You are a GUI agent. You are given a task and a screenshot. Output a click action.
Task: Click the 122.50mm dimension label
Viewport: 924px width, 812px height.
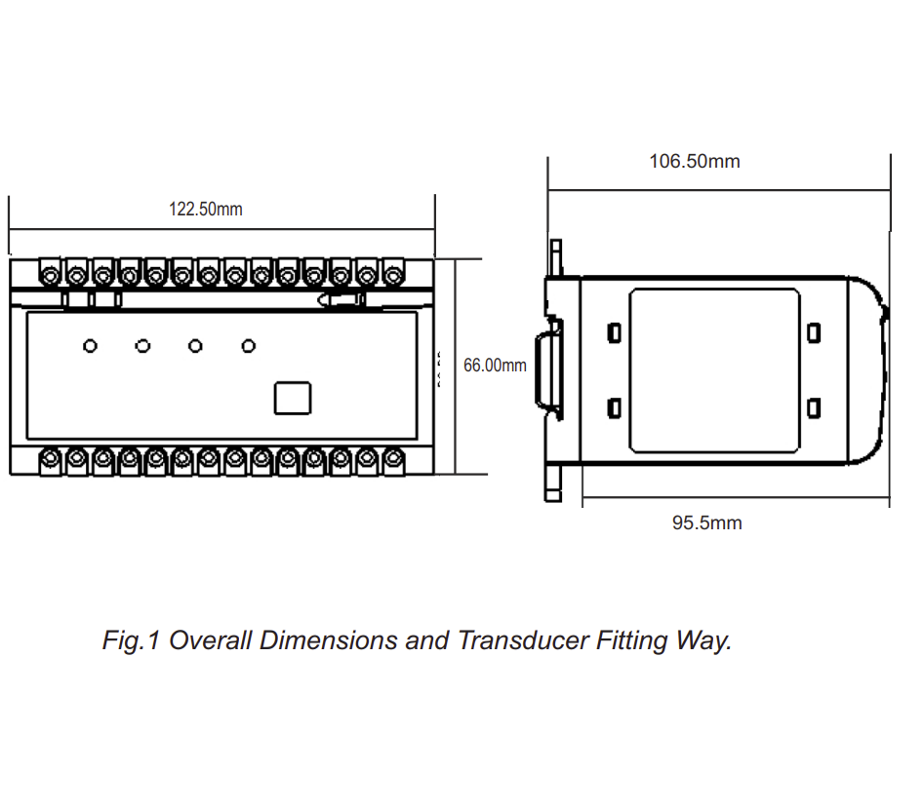click(206, 209)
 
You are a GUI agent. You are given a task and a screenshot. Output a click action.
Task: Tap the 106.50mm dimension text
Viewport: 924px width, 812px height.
click(695, 161)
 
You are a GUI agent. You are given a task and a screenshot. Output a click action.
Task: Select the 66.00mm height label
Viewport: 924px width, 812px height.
click(495, 366)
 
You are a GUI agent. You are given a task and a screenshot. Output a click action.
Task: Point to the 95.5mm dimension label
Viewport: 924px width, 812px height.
click(706, 523)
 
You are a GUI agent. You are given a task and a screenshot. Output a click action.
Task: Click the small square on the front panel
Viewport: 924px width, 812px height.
click(292, 398)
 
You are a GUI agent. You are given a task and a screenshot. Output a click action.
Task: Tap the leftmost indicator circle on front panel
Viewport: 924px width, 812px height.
click(90, 346)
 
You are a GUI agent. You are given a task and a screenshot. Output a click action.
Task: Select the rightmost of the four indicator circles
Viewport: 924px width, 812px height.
click(249, 346)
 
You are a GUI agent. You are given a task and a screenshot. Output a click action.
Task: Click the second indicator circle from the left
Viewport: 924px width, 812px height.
click(142, 346)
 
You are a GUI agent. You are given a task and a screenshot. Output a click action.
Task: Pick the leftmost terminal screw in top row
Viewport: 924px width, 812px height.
click(50, 274)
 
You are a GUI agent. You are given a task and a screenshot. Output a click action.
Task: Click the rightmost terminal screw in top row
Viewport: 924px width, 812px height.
click(393, 274)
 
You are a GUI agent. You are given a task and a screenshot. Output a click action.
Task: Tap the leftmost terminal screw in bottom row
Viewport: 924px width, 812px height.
click(50, 459)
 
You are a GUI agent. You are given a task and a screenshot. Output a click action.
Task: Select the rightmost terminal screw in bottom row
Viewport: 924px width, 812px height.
click(393, 459)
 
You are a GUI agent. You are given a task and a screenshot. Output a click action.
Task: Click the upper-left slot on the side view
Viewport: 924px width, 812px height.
click(614, 333)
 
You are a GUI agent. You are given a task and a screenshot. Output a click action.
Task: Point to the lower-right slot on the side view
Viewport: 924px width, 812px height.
click(814, 407)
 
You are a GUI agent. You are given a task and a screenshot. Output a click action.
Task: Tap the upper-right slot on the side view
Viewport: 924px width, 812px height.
click(814, 333)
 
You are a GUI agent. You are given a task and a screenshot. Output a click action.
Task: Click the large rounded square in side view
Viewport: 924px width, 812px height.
click(714, 370)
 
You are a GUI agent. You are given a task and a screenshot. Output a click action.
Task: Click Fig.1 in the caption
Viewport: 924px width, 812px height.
click(131, 640)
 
